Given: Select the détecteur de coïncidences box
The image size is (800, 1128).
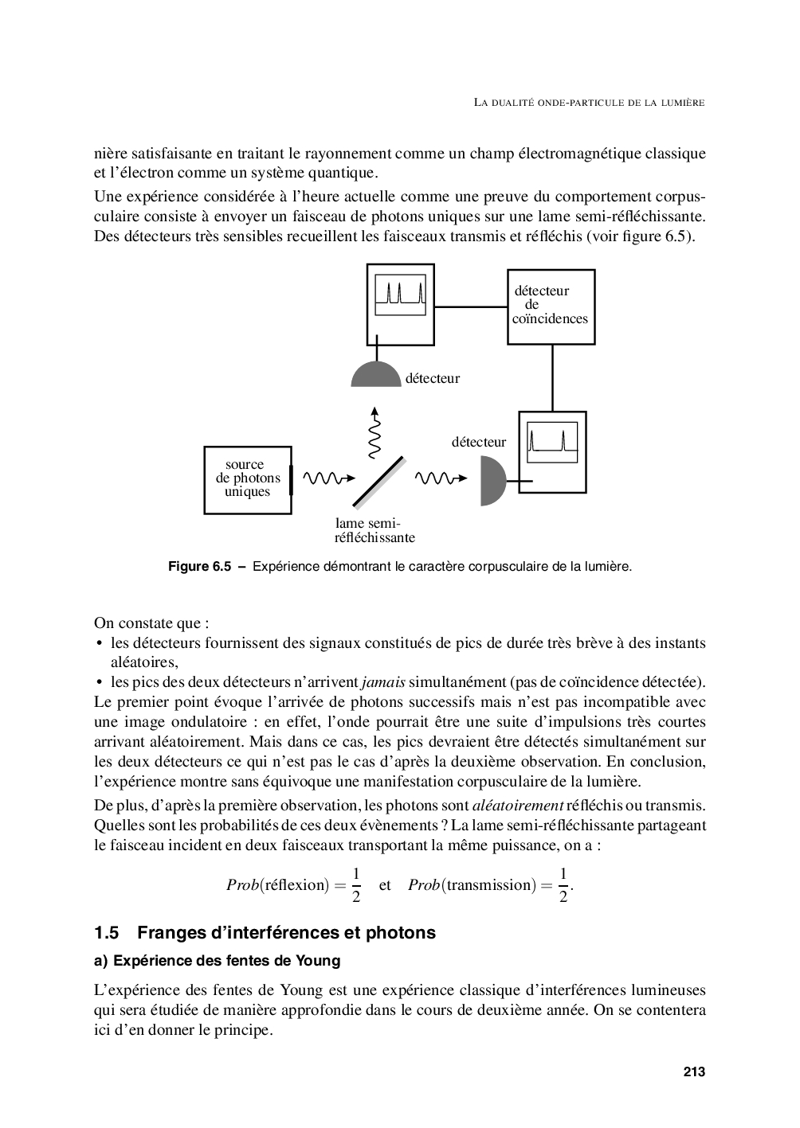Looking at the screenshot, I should [551, 306].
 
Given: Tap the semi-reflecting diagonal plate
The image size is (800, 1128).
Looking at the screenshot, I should [378, 482].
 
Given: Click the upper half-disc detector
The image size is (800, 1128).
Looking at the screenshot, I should [375, 375].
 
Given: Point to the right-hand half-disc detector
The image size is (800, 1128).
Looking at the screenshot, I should [492, 481].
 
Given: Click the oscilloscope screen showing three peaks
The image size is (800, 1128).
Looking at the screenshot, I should [400, 295].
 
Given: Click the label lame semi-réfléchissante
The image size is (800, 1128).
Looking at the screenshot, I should [375, 530].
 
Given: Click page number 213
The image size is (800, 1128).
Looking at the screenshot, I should [694, 1071].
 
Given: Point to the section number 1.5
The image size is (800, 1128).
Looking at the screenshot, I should [106, 932].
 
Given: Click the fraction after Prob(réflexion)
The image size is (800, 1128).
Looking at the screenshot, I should [356, 884].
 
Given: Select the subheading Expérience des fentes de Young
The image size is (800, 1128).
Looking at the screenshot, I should [226, 961].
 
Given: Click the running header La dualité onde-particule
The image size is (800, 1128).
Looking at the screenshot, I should [589, 102].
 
